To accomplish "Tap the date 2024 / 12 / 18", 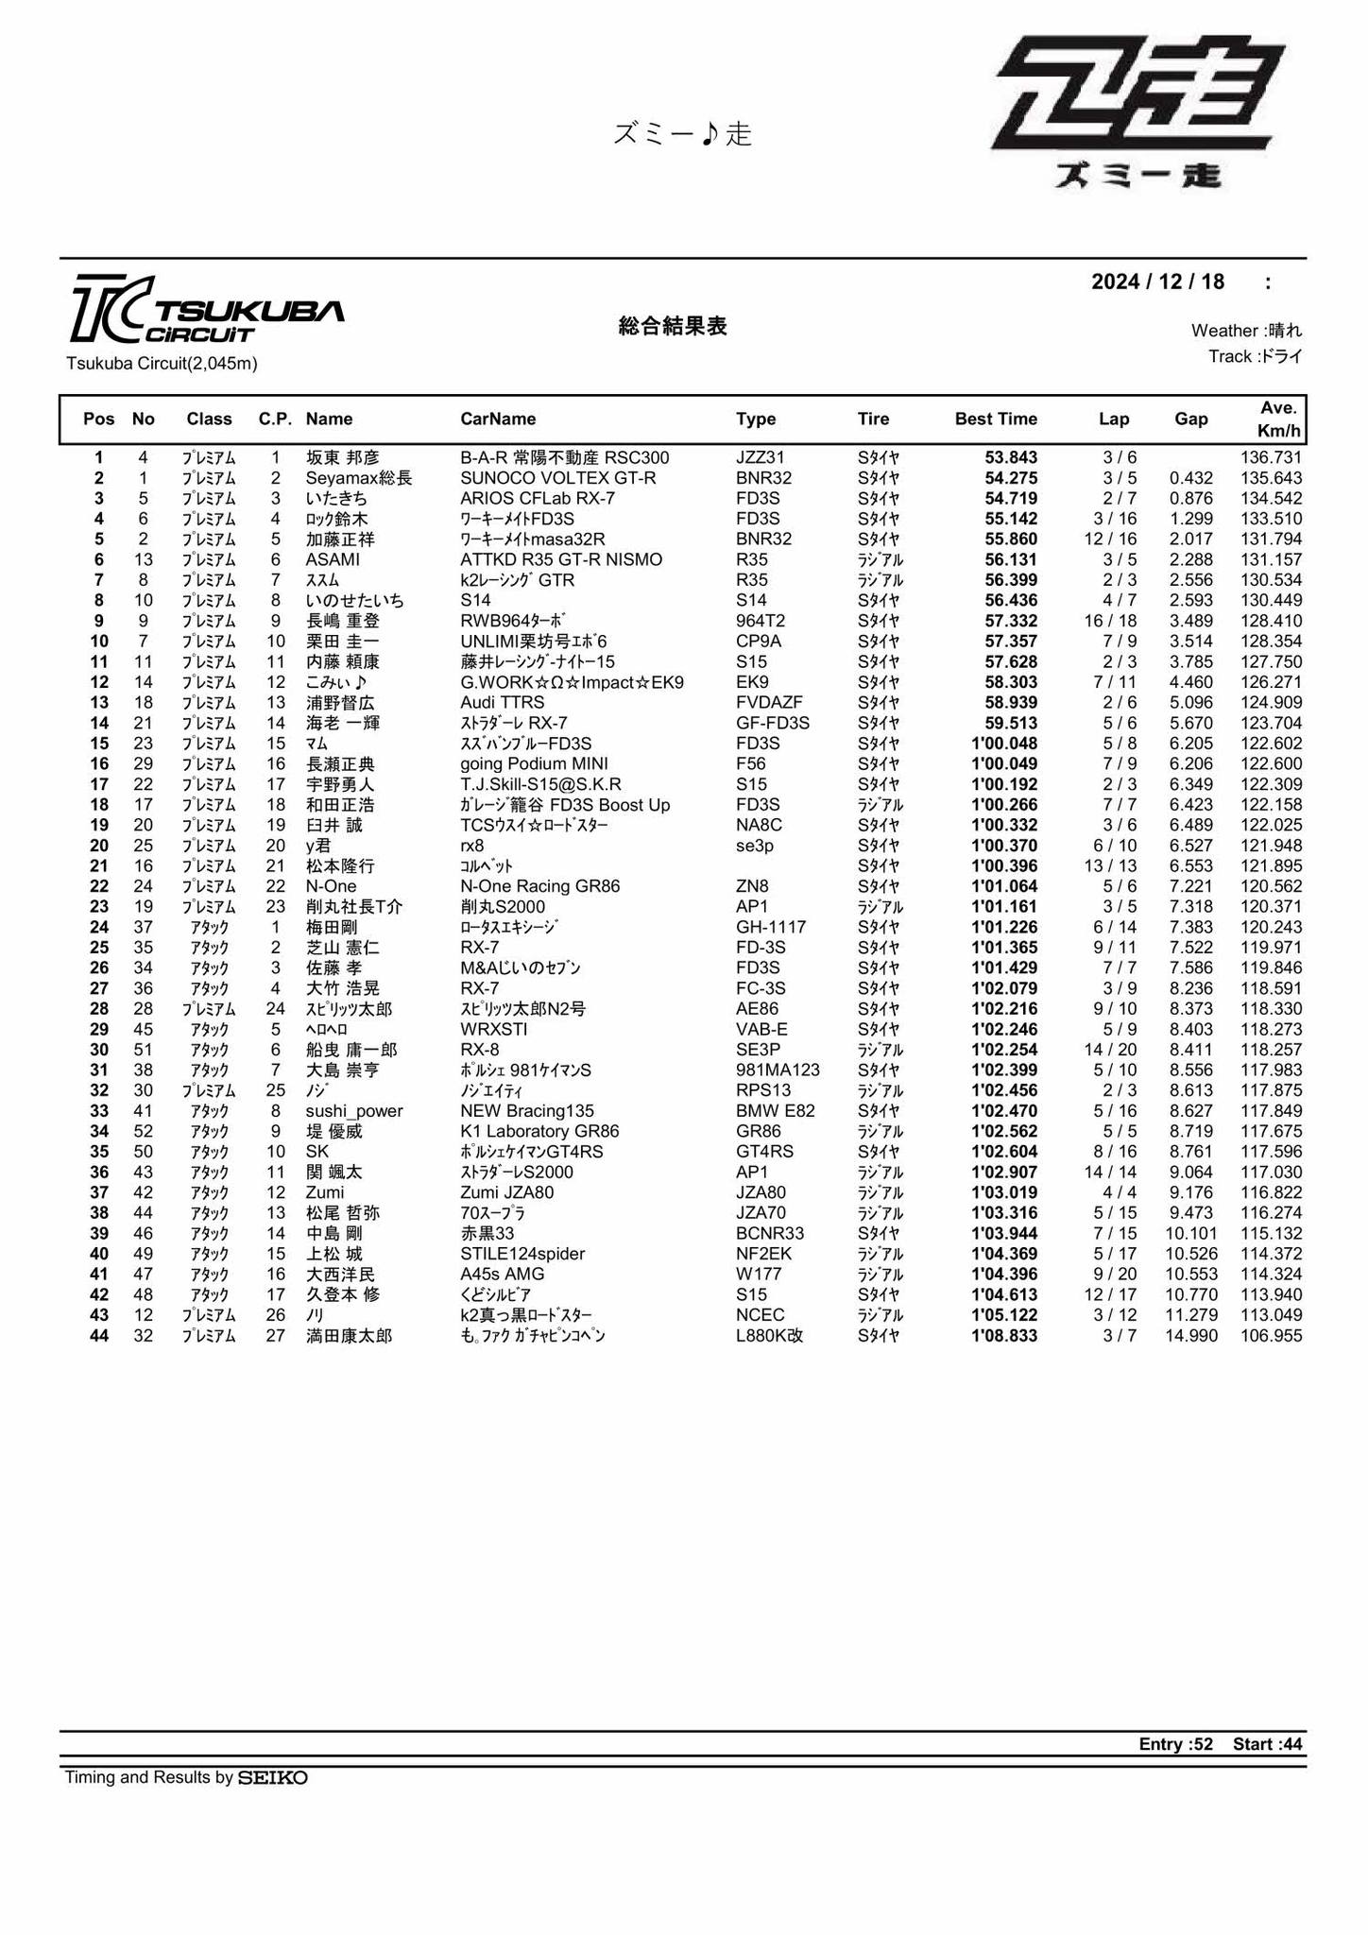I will coord(1157,282).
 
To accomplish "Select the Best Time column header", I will coord(996,419).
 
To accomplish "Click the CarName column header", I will coord(498,419).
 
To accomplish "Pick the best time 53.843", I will coord(1010,457).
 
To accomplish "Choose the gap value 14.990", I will coord(1189,1336).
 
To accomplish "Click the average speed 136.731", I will coord(1271,457).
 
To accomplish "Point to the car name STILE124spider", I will coord(522,1254).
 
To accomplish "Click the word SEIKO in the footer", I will coord(272,1777).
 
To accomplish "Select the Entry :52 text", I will coord(1175,1744).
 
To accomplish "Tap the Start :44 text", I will coord(1267,1744).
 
